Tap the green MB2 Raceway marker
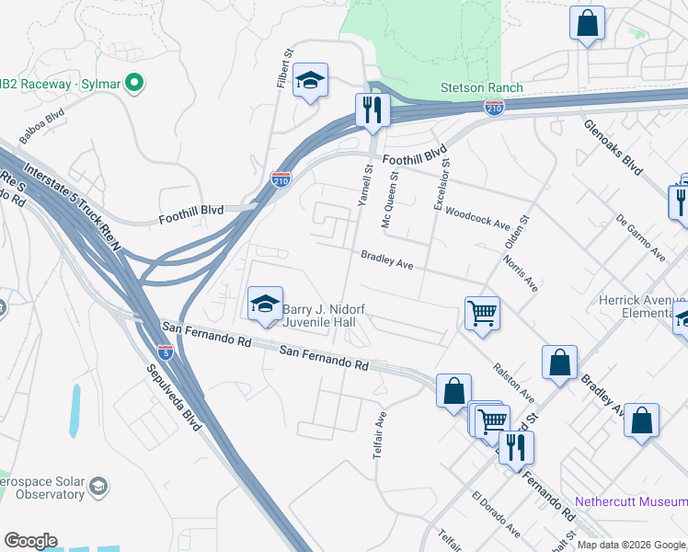pos(134,85)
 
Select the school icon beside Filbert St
pos(311,82)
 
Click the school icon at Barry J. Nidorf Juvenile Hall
pos(264,303)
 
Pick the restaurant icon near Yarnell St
pos(373,109)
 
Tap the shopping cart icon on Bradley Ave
pos(482,315)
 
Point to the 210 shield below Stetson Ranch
pos(494,109)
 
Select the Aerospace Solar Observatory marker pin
pos(99,486)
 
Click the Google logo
pos(30,541)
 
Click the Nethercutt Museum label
pos(630,502)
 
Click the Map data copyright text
pos(631,545)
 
